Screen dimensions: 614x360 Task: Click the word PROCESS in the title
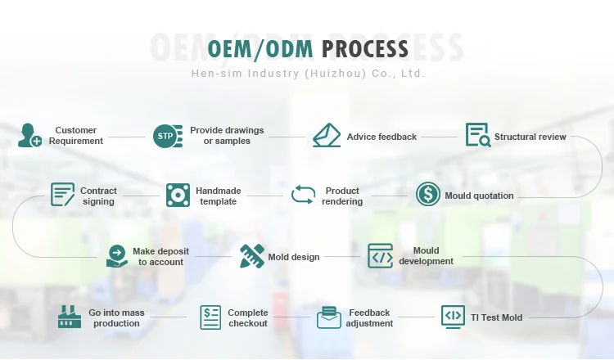click(x=365, y=49)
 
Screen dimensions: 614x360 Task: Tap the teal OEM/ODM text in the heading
click(x=260, y=50)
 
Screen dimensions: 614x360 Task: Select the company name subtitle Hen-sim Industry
click(x=308, y=73)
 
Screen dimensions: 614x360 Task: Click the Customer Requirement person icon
click(x=29, y=135)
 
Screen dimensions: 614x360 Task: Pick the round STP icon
click(x=168, y=136)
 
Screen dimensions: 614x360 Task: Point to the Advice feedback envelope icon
click(x=327, y=135)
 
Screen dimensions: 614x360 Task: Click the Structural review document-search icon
click(x=478, y=135)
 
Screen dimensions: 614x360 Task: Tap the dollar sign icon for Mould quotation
click(x=428, y=194)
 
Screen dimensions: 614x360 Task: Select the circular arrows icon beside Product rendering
click(x=304, y=195)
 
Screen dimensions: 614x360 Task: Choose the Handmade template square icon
click(x=178, y=195)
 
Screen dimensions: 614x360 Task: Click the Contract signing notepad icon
click(x=62, y=195)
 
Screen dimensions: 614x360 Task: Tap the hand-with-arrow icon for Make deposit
click(x=117, y=256)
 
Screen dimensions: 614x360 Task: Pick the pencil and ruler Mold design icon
click(x=252, y=256)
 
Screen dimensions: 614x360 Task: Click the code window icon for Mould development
click(x=380, y=256)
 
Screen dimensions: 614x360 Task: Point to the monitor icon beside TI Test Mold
click(x=453, y=317)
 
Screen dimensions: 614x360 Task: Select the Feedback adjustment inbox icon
click(x=329, y=317)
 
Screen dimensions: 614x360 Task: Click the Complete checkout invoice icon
click(x=210, y=317)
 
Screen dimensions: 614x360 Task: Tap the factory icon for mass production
click(x=70, y=317)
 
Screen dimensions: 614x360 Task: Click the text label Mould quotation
click(x=479, y=196)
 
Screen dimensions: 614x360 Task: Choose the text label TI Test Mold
click(x=496, y=317)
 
